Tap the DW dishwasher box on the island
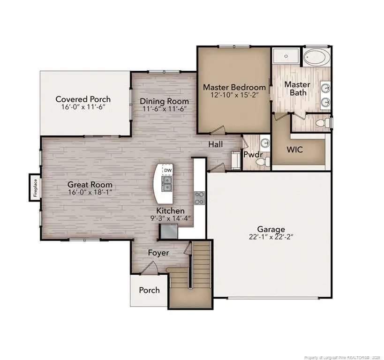click(x=167, y=170)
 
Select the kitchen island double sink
click(x=167, y=183)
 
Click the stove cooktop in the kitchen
click(x=200, y=197)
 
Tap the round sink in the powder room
click(x=265, y=143)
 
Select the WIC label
click(x=294, y=150)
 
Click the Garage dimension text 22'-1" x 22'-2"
click(x=271, y=237)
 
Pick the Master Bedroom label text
click(x=234, y=87)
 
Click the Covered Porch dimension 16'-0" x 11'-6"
click(x=83, y=107)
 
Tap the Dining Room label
click(x=165, y=101)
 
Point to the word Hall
click(x=216, y=144)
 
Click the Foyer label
click(x=158, y=253)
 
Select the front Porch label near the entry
click(x=149, y=290)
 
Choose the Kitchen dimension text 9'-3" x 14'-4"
click(x=170, y=218)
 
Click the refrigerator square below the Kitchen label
click(x=169, y=231)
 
